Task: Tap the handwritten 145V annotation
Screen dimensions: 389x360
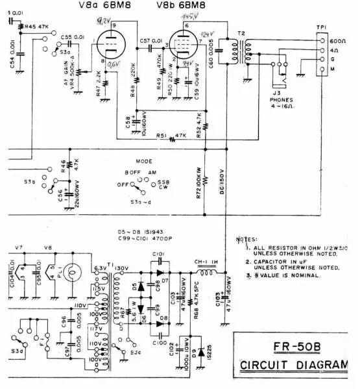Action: click(190, 16)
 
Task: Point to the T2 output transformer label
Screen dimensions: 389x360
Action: click(242, 33)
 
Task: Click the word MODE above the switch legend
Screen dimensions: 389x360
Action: click(144, 160)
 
